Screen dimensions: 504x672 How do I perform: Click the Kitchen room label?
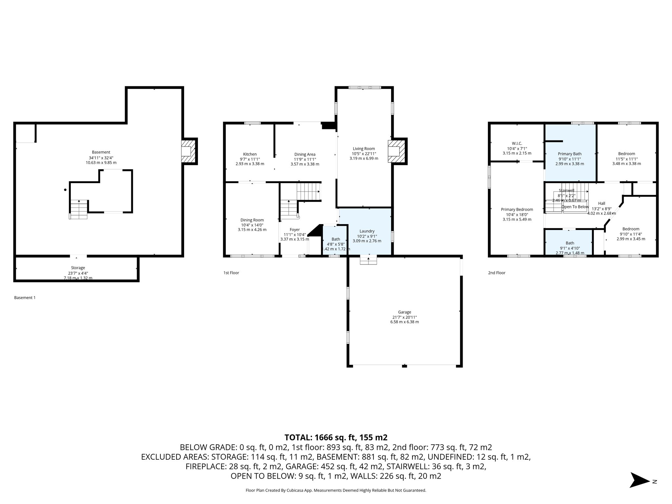coord(250,154)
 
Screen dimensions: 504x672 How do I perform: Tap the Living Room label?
coord(364,149)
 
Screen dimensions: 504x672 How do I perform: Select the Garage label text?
coord(404,312)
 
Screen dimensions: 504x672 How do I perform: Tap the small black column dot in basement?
coord(65,190)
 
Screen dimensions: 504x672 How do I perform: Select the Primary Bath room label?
coord(570,154)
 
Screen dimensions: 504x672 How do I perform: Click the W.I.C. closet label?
coord(517,143)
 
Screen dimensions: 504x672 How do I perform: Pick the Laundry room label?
coord(367,231)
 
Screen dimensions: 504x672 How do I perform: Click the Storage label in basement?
coord(78,268)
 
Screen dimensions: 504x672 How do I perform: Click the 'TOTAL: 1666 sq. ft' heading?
coord(336,437)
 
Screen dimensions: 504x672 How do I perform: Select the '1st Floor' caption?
coord(231,273)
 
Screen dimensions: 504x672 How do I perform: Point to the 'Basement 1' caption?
coord(25,298)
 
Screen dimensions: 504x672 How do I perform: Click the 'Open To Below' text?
coord(575,207)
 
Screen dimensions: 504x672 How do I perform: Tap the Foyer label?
coord(295,230)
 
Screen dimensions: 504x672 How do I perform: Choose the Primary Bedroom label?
coord(517,209)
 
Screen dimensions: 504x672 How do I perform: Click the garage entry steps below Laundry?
coord(368,261)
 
